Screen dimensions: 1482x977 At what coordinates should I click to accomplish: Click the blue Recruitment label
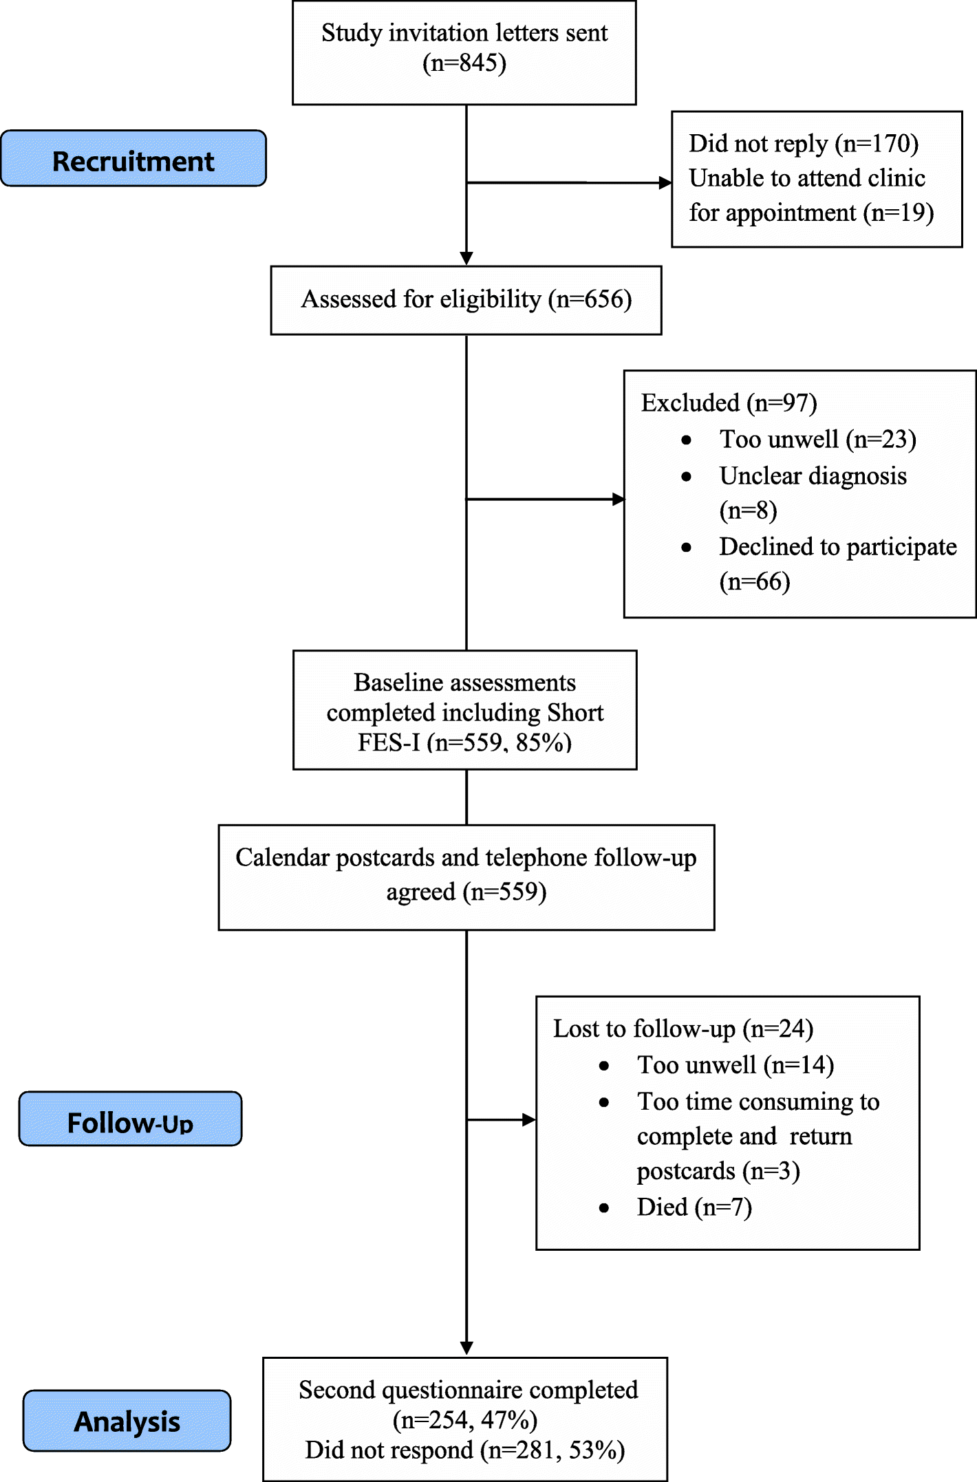[133, 159]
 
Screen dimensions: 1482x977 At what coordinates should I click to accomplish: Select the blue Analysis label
[127, 1421]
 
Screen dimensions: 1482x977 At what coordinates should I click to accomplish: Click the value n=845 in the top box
[464, 63]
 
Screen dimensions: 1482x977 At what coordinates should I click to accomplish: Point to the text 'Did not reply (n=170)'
[804, 144]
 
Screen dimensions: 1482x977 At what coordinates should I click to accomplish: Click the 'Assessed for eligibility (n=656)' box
[466, 300]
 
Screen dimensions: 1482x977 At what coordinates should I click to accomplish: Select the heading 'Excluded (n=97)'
[729, 403]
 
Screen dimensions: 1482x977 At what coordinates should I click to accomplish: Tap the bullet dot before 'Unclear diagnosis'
[686, 476]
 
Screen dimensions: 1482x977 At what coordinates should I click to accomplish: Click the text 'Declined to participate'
[837, 547]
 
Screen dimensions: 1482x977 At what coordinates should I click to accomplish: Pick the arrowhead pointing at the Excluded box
[619, 500]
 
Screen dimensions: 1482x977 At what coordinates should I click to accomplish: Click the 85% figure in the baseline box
[544, 743]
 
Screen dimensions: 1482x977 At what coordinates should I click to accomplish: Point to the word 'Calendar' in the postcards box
[282, 858]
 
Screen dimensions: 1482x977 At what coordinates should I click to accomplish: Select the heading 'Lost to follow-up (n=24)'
[683, 1029]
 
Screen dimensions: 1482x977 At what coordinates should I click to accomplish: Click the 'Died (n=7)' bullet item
[694, 1207]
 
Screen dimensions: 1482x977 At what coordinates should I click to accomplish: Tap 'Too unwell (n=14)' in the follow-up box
[735, 1065]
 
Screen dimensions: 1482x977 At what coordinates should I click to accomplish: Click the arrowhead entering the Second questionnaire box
[466, 1348]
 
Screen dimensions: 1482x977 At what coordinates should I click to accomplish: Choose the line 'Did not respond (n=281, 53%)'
[465, 1450]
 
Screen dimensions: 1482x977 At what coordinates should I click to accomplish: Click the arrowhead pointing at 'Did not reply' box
[665, 183]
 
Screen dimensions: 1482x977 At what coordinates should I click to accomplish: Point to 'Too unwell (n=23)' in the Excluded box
[817, 440]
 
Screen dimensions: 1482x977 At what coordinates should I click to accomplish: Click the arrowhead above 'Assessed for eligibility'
[466, 258]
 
